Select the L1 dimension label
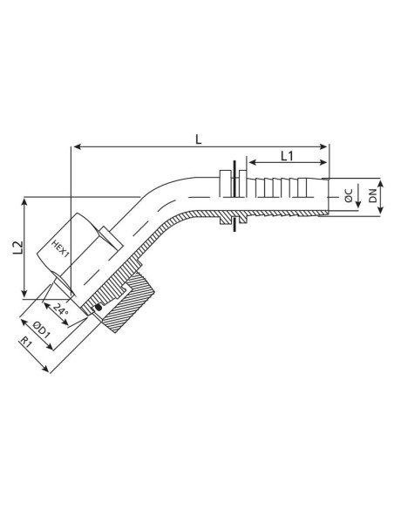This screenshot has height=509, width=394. (x=285, y=155)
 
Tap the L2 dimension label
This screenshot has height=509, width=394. (x=17, y=249)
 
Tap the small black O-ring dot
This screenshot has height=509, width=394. (x=98, y=306)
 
